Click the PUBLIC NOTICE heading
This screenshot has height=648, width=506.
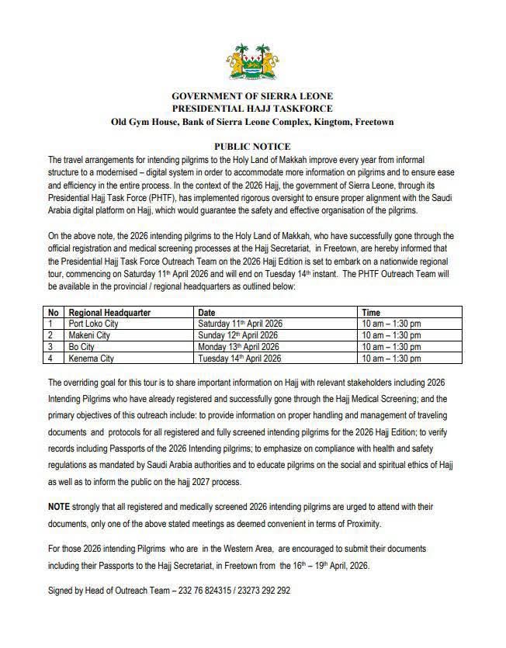[252, 147]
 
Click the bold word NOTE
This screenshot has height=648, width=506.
[60, 506]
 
